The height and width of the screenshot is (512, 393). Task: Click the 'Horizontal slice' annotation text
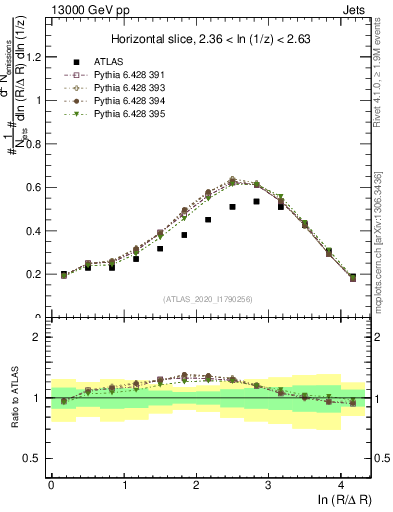[209, 39]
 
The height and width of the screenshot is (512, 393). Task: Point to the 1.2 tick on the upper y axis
[37, 57]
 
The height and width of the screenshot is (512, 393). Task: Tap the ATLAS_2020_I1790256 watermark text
[209, 298]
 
